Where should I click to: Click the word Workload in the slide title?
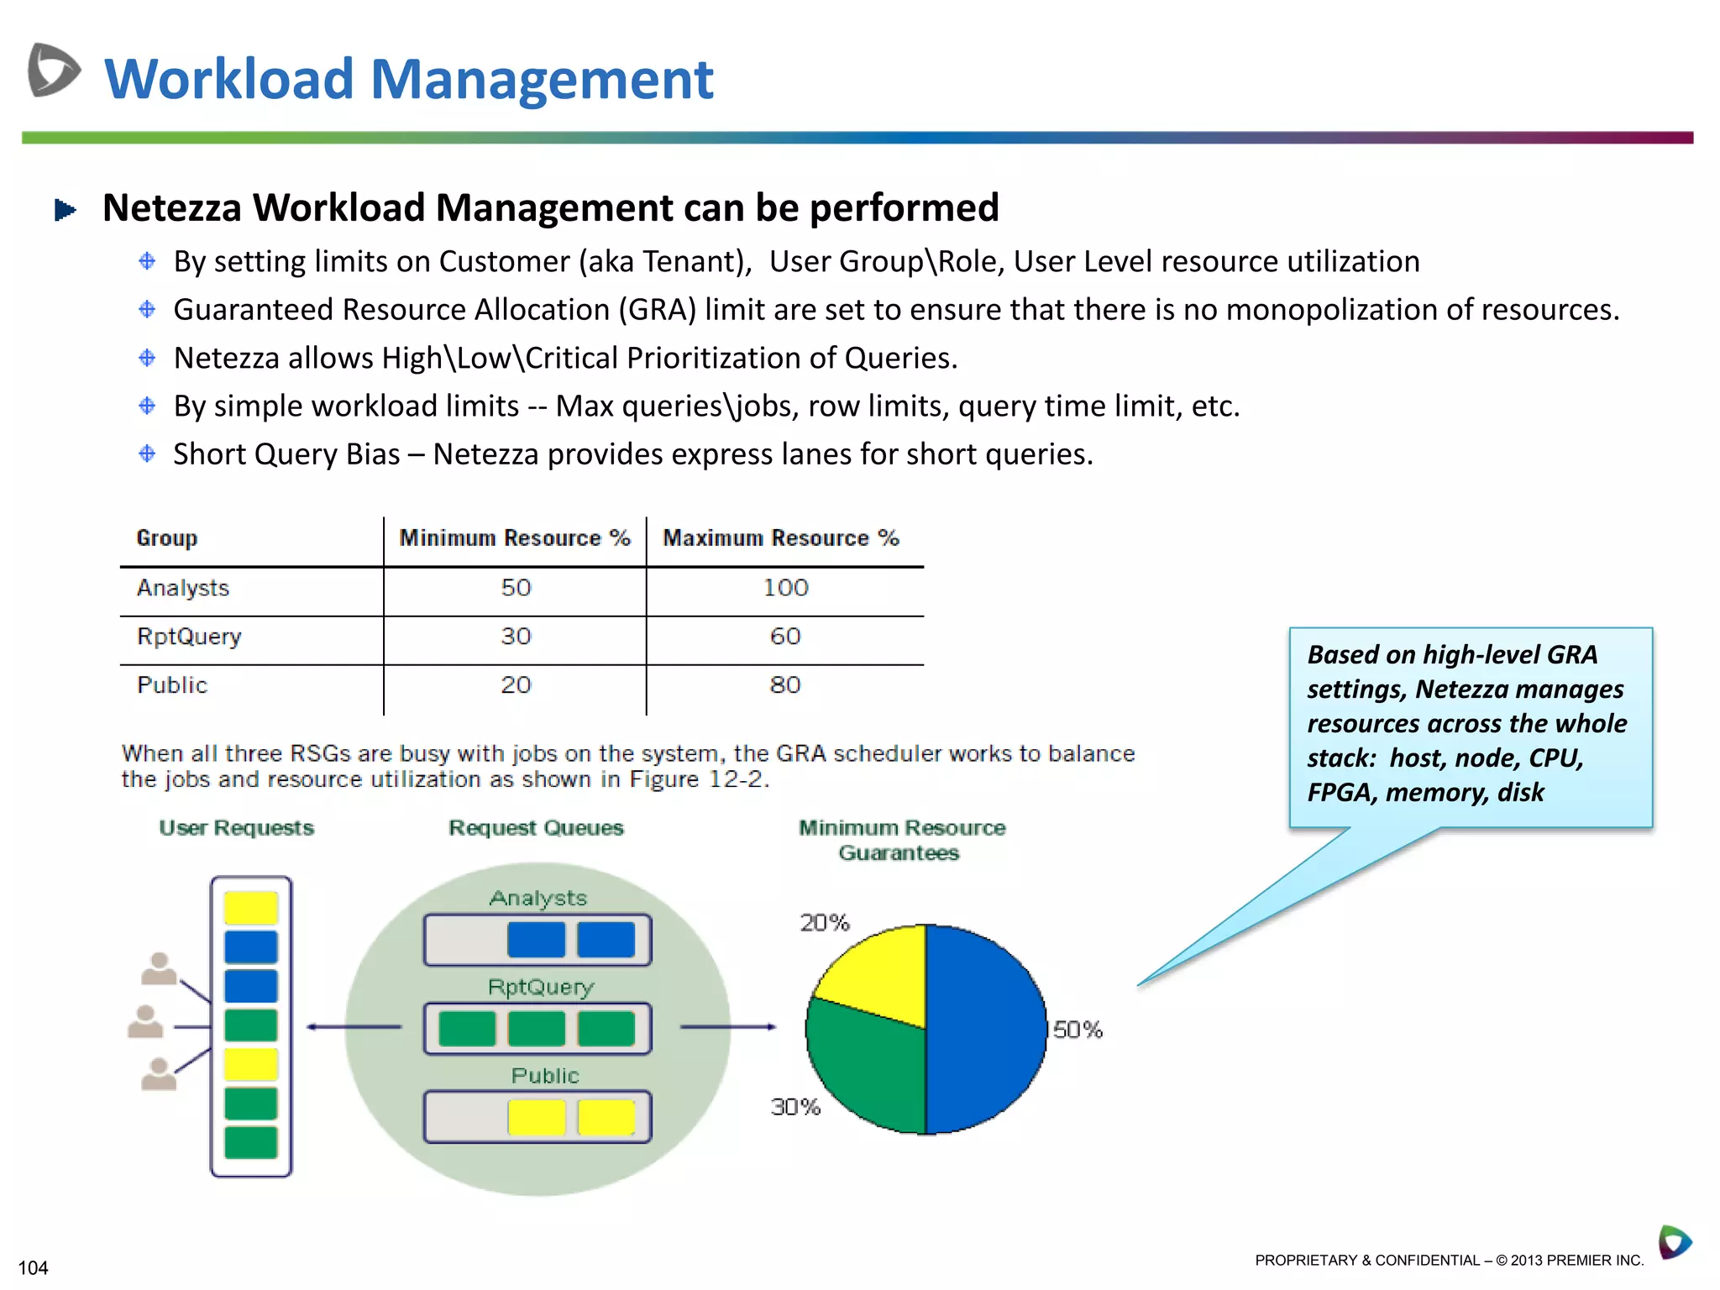coord(228,79)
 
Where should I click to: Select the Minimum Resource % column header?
coord(514,537)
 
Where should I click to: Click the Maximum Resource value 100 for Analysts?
coord(785,588)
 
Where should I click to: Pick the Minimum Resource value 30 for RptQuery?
coord(516,637)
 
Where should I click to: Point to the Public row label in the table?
coord(172,685)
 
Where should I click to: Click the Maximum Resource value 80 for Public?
coord(785,685)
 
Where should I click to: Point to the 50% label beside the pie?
coord(1078,1030)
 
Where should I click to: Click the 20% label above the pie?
coord(824,923)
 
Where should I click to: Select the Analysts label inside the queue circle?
coord(537,899)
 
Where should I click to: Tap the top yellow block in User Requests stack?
coord(250,908)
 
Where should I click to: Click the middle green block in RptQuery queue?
coord(537,1029)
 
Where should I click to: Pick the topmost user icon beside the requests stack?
coord(159,968)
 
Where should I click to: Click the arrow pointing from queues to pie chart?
coord(727,1026)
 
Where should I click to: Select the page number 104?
coord(34,1268)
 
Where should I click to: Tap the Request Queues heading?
coord(536,828)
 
